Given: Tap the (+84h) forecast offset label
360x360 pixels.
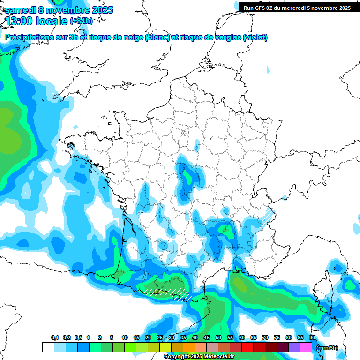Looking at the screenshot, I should click(x=81, y=21).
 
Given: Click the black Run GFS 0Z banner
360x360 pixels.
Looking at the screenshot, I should click(x=297, y=7).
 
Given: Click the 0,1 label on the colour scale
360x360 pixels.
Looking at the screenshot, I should click(x=55, y=338).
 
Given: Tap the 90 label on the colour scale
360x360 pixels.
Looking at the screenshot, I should click(x=312, y=338).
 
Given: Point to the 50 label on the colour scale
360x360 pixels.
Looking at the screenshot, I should click(x=218, y=338).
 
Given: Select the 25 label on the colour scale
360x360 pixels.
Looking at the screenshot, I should click(x=160, y=338).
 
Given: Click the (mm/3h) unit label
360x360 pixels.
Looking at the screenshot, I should click(x=327, y=348).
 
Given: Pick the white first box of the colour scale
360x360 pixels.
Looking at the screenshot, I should click(x=48, y=347).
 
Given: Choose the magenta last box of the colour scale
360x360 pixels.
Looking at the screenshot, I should click(x=306, y=347).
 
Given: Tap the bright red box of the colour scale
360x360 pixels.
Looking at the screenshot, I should click(x=247, y=347).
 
